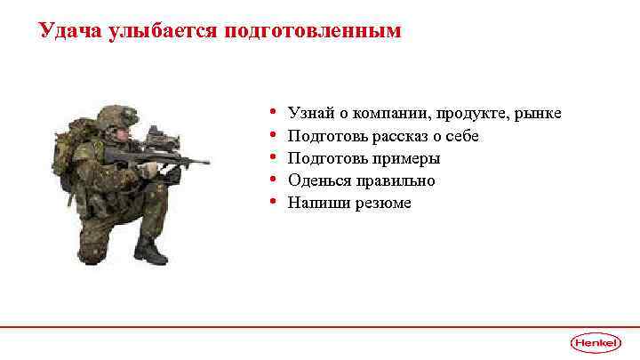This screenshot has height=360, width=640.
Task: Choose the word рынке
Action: [x=536, y=115]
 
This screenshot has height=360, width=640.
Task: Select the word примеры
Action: [x=408, y=159]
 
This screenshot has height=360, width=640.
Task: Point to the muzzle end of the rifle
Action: [x=206, y=163]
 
